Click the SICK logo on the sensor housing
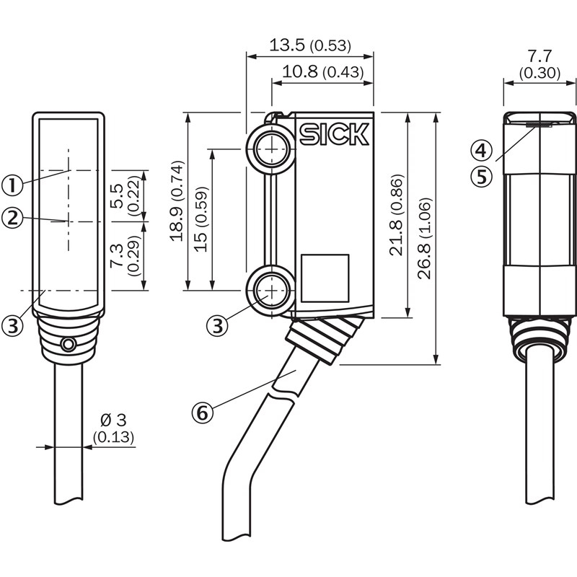[334, 134]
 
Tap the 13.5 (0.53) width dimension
[309, 45]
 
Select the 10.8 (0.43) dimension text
[322, 72]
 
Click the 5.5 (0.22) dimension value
[124, 196]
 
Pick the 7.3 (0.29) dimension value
[124, 256]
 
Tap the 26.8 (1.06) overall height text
[425, 237]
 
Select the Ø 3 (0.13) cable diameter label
[113, 428]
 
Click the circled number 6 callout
[203, 413]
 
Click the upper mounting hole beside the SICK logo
[270, 149]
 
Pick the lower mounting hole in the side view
[270, 291]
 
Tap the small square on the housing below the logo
[325, 278]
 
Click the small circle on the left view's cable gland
[68, 345]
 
